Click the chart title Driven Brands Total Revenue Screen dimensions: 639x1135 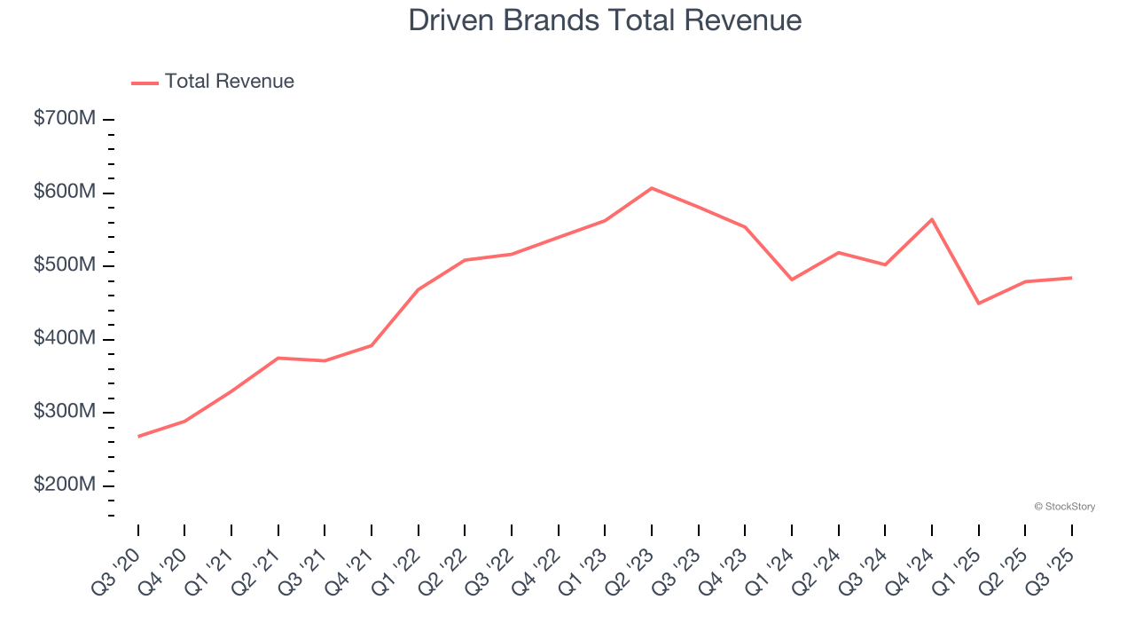click(x=605, y=20)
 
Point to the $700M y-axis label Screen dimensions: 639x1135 click(x=65, y=119)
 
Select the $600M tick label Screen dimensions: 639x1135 click(x=65, y=193)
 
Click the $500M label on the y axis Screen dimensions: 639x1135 click(x=65, y=265)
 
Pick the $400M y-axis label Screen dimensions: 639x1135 click(x=65, y=339)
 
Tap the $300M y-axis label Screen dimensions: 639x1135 click(x=65, y=412)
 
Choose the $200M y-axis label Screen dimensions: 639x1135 click(x=65, y=485)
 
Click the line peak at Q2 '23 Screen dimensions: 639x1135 click(x=652, y=188)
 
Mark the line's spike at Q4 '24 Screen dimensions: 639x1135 click(x=932, y=219)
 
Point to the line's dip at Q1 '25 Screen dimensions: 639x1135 click(x=979, y=304)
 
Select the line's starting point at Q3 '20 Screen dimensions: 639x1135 click(x=139, y=436)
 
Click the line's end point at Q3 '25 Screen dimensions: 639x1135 click(x=1071, y=278)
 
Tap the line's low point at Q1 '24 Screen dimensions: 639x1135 click(x=791, y=280)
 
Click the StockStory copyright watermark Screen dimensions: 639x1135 click(x=1064, y=507)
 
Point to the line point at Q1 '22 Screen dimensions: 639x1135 click(x=419, y=289)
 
